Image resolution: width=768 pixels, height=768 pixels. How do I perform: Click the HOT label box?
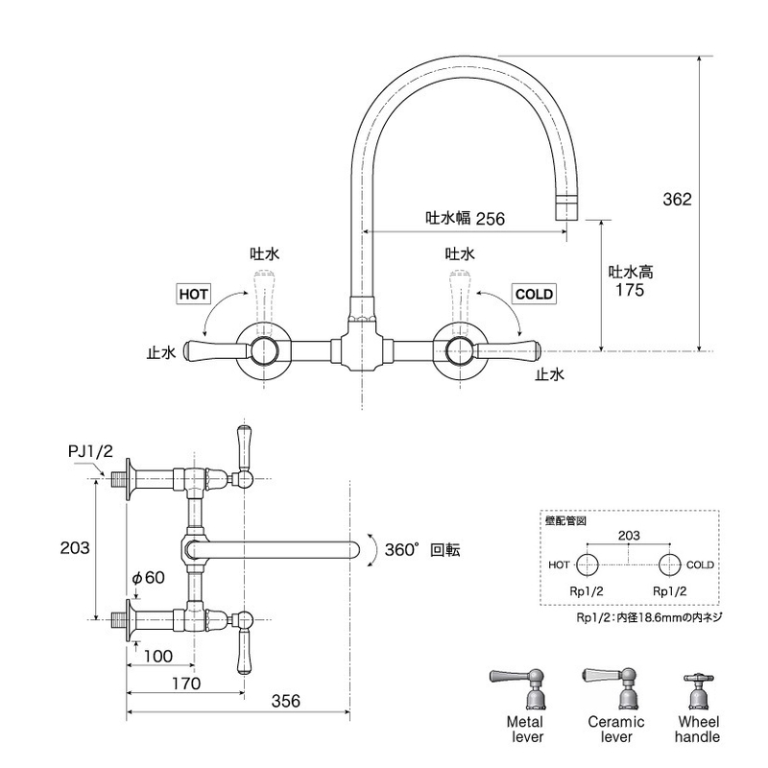click(x=194, y=295)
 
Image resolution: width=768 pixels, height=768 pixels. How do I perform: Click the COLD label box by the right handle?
click(x=534, y=295)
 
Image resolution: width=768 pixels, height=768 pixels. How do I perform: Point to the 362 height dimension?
click(x=677, y=200)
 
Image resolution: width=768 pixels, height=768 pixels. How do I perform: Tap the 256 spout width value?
click(x=490, y=219)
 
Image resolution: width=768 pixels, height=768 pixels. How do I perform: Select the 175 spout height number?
click(x=630, y=290)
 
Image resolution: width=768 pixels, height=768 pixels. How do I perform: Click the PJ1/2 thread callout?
click(x=90, y=451)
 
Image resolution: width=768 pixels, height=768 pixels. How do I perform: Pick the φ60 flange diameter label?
click(x=149, y=578)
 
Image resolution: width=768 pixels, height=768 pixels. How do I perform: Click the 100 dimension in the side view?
click(x=158, y=656)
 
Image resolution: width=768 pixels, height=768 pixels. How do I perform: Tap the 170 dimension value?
click(x=186, y=684)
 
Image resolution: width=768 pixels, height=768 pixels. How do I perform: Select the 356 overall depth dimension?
click(x=285, y=701)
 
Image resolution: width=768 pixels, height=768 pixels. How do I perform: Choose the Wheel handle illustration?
click(x=697, y=692)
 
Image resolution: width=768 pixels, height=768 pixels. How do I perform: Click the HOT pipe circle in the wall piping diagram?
click(x=588, y=564)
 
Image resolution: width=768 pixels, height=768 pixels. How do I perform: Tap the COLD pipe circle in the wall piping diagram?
click(x=669, y=564)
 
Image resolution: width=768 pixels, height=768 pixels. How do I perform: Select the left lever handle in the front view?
click(x=215, y=350)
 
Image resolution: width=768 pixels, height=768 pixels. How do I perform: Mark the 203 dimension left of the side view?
click(x=75, y=547)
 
